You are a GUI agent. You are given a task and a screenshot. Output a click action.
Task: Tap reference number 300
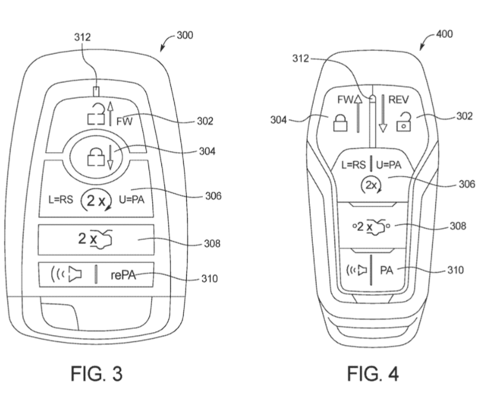coord(185,35)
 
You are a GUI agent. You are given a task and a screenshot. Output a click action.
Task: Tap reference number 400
coord(445,34)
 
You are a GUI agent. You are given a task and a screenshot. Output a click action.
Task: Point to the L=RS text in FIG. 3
coord(60,200)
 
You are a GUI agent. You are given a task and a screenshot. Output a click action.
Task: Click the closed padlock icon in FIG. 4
coord(340,122)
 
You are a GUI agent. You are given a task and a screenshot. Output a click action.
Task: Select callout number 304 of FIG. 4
coord(280,120)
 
